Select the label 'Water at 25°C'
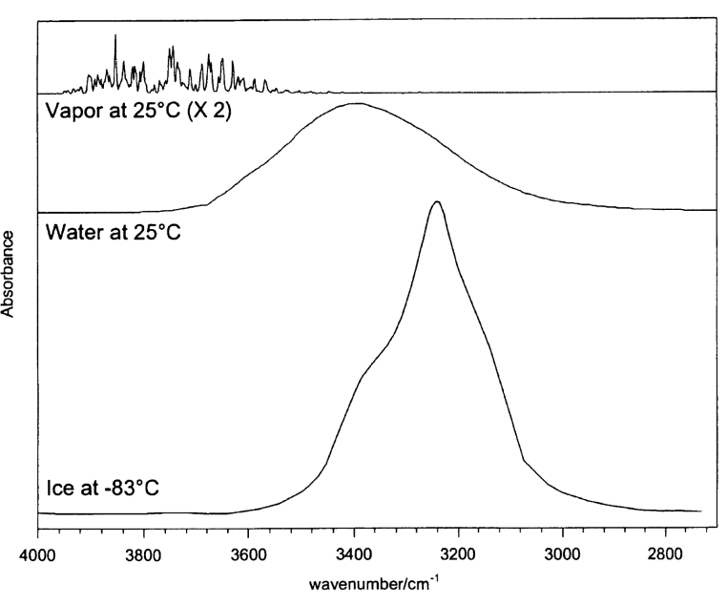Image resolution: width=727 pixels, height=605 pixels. point(113,232)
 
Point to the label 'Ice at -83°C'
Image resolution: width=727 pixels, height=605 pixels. point(102,489)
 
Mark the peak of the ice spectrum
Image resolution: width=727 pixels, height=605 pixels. point(436,201)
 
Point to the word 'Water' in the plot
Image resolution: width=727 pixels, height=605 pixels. point(70,232)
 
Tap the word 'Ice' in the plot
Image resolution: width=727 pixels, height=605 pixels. point(58,489)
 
